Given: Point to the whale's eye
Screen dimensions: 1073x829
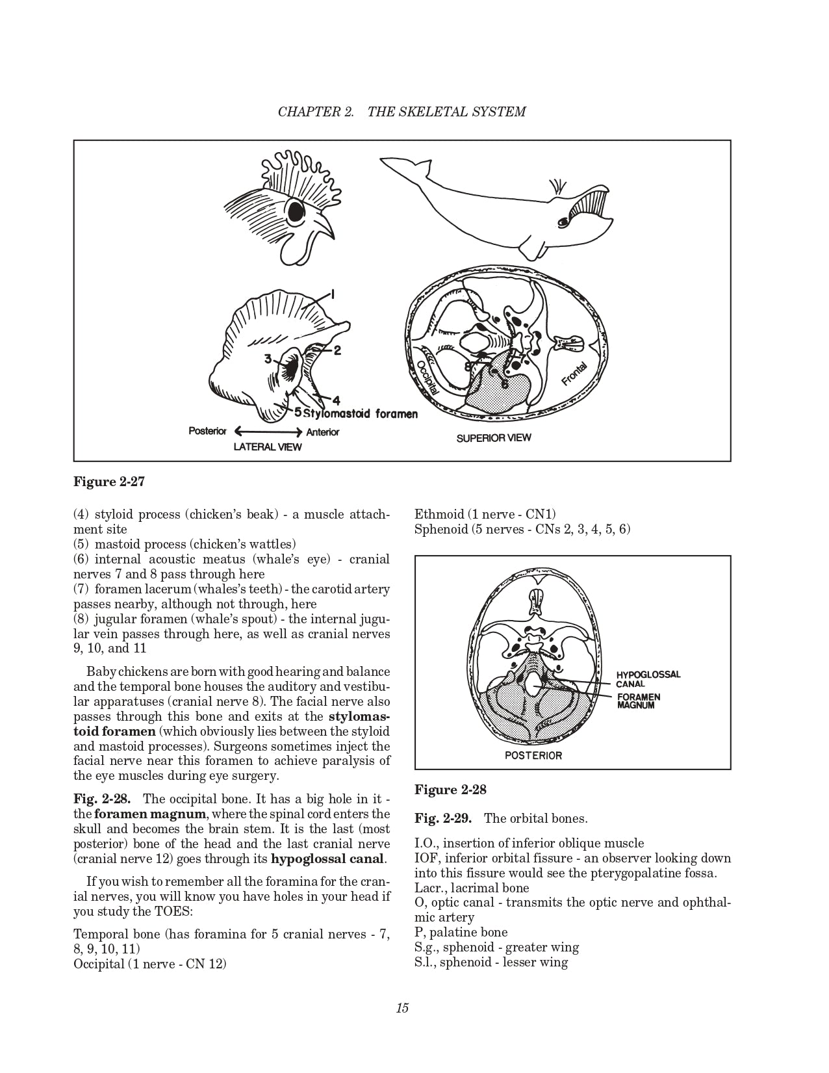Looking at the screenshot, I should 563,222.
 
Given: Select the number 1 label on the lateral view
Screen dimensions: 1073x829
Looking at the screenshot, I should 332,294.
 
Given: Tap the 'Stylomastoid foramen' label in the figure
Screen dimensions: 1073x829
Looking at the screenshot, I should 361,413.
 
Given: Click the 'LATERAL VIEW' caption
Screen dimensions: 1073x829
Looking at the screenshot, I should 268,447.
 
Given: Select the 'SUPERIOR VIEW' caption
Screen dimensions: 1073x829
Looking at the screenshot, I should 493,438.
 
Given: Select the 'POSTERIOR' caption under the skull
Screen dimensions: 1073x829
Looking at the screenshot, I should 533,755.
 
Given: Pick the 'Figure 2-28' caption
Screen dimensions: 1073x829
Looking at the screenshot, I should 450,790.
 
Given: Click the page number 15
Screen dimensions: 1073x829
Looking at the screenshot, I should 402,1008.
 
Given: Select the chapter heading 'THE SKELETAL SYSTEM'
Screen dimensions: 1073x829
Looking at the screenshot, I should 446,112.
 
